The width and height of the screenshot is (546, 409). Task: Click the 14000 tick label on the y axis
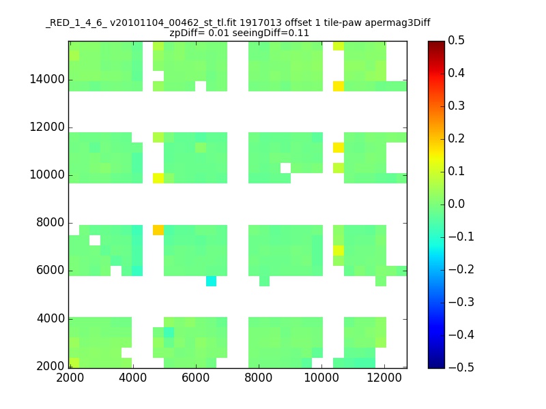tap(47, 80)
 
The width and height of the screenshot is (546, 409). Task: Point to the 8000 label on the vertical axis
tap(51, 223)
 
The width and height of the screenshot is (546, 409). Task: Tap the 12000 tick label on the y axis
tap(47, 127)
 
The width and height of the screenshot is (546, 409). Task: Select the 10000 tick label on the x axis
tap(321, 378)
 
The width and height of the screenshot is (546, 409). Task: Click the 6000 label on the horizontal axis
tap(196, 378)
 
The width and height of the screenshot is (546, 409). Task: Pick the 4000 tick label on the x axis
tap(132, 378)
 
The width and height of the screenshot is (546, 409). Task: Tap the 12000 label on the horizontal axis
tap(384, 378)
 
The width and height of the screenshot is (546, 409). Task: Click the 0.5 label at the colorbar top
tap(456, 40)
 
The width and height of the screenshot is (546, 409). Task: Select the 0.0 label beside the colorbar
tap(456, 204)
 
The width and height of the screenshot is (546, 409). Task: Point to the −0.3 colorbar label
tap(461, 302)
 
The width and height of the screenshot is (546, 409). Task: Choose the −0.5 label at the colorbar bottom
tap(461, 367)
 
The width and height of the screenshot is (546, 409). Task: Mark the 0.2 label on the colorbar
tap(456, 138)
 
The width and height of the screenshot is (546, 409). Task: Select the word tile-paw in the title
tap(343, 23)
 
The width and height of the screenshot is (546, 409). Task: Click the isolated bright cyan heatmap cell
tap(211, 281)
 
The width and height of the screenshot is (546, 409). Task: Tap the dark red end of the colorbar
tap(436, 44)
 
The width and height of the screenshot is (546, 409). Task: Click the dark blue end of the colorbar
tap(436, 365)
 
